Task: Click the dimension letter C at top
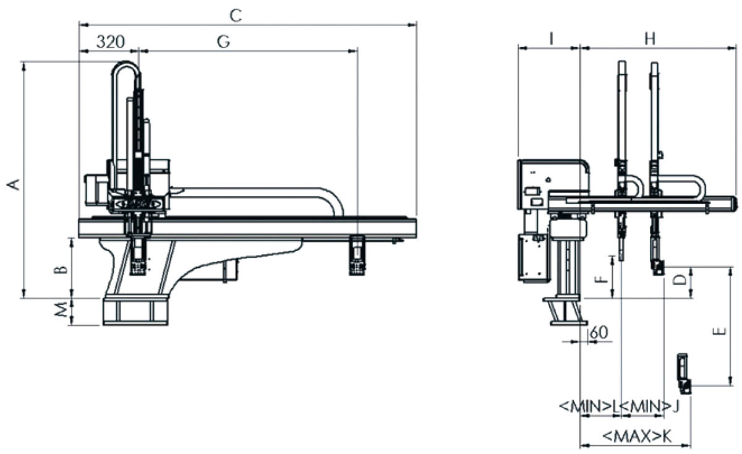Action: coord(235,15)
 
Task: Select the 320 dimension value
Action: coord(111,41)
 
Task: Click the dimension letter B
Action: coord(60,270)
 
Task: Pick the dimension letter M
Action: coord(60,312)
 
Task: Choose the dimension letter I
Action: coord(550,38)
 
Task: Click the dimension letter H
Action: coord(649,38)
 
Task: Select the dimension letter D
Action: coord(679,280)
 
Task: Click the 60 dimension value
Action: coord(600,332)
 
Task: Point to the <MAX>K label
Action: coord(636,435)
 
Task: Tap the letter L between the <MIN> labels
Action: coord(616,406)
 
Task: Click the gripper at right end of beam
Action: coord(357,254)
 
